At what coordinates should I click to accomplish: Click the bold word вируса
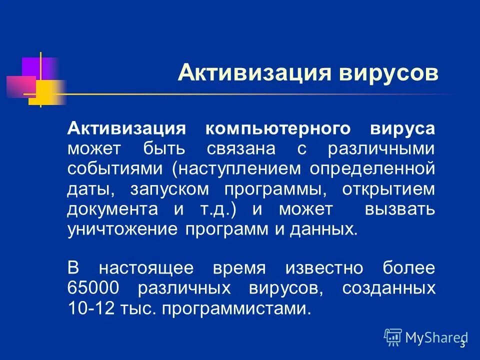[402, 128]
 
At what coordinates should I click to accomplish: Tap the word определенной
[372, 169]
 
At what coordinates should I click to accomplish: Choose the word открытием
[388, 189]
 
